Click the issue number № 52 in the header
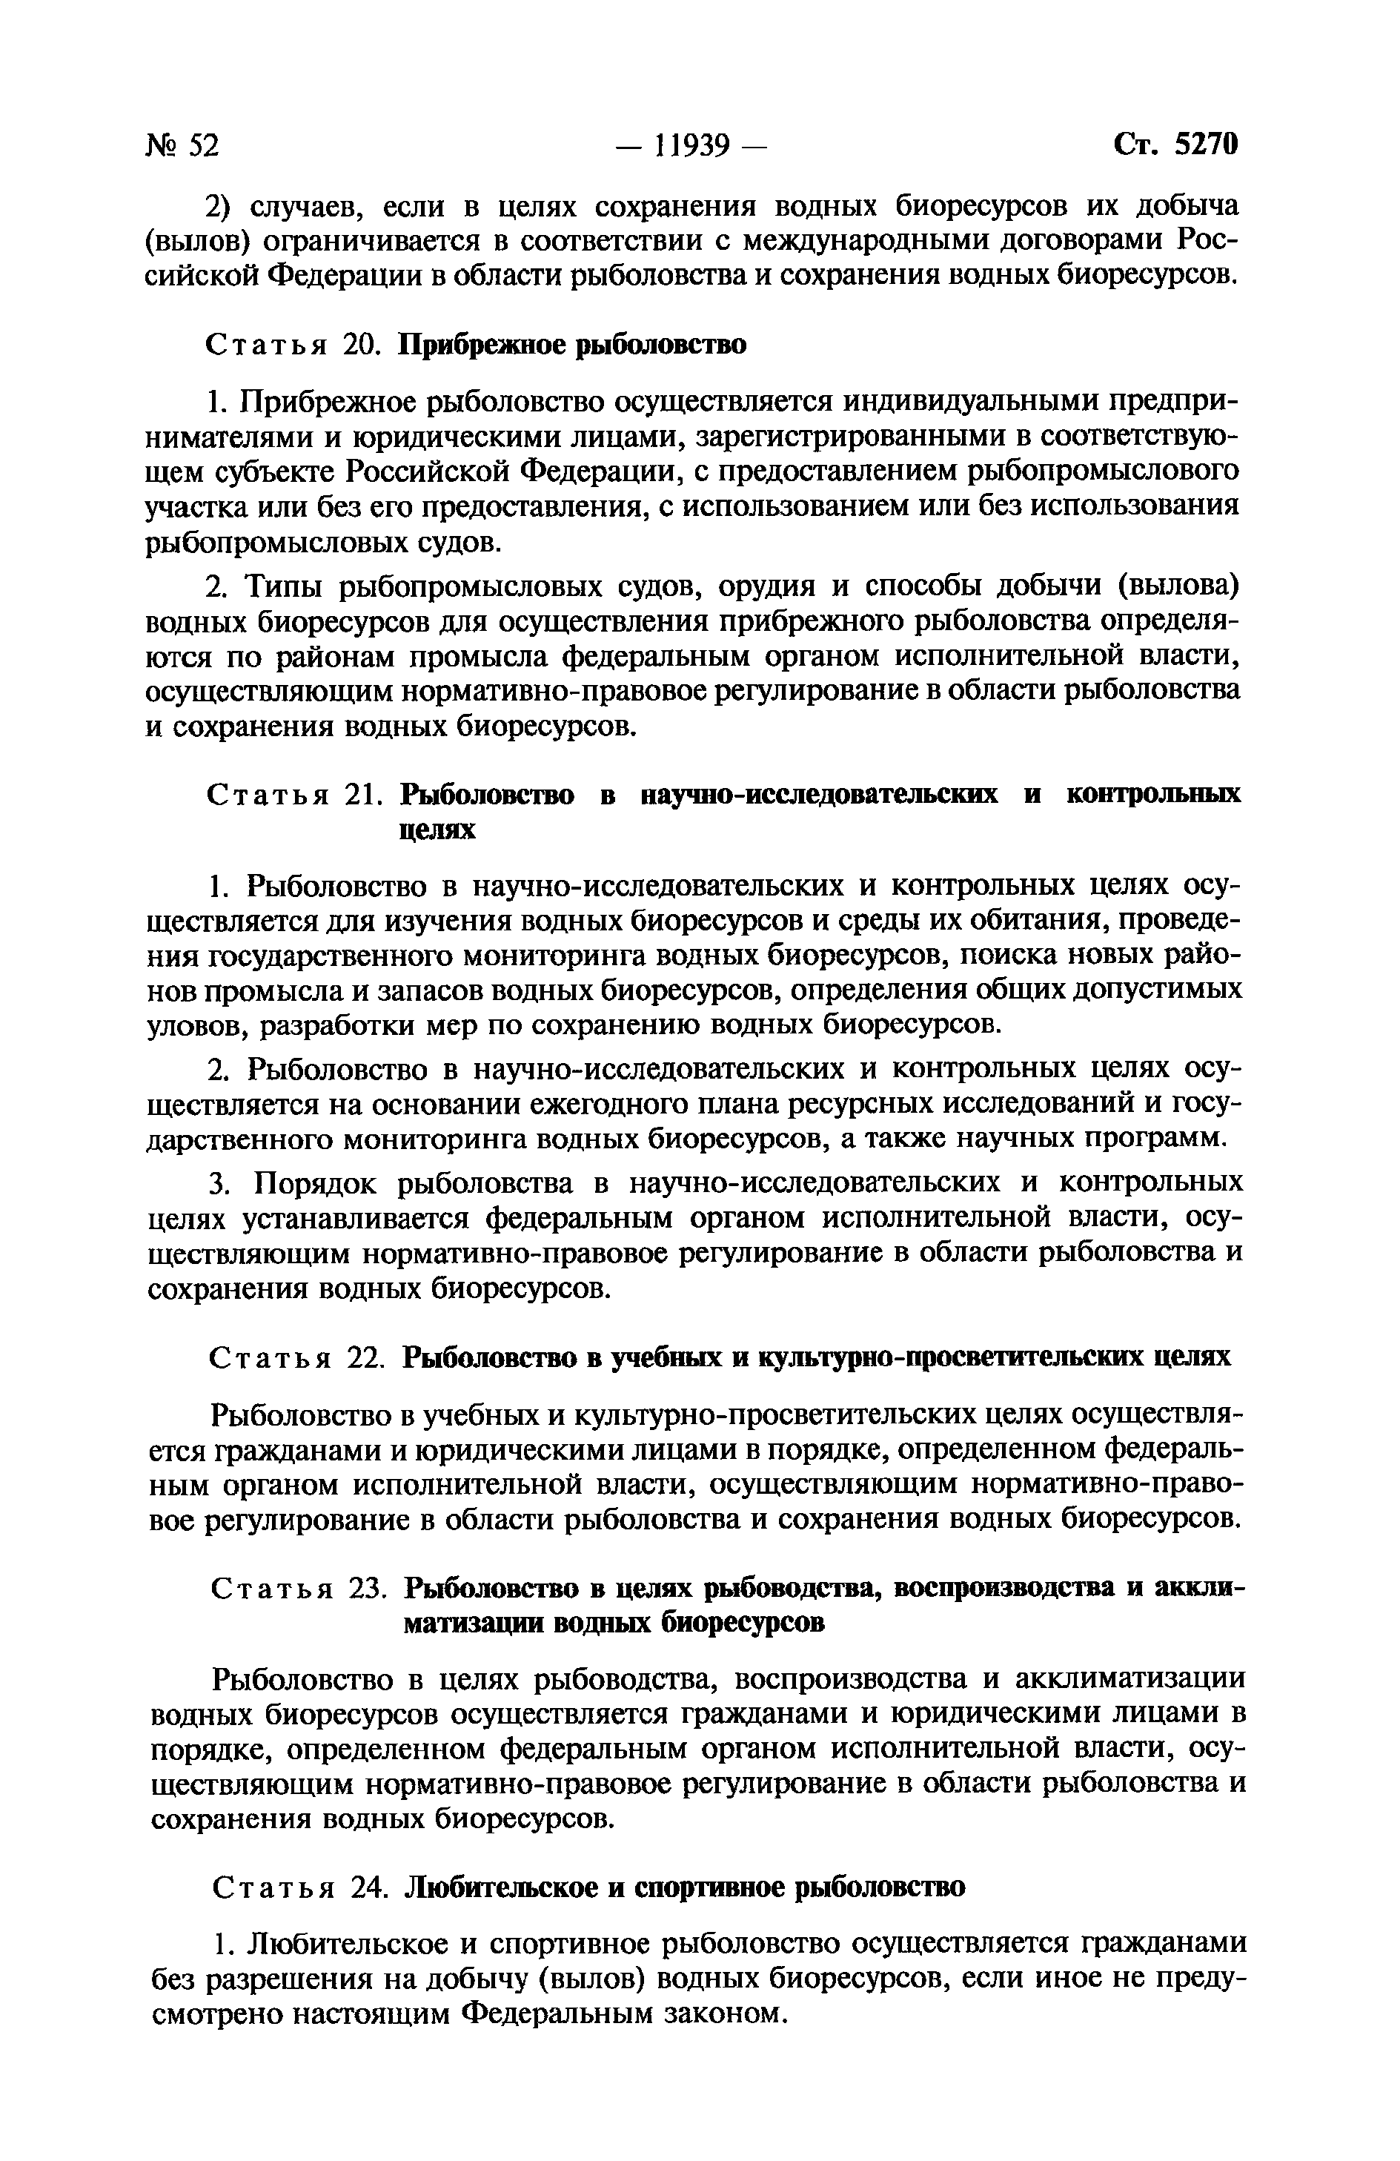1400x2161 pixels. [182, 145]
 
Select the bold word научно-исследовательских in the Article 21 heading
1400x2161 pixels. [817, 795]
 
